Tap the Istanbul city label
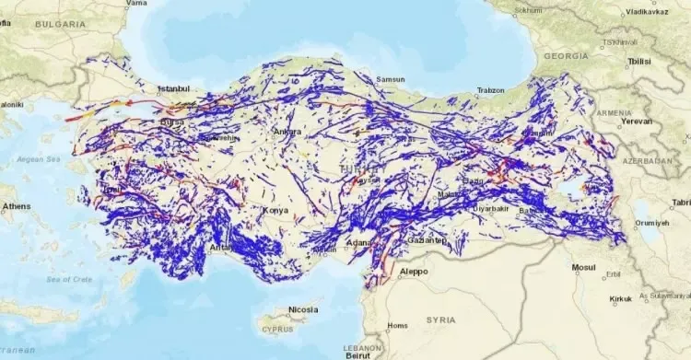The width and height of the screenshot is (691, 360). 173,88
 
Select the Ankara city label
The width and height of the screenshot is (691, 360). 287,132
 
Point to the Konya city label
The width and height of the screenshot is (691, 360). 275,210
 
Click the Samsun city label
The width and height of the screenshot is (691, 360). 391,79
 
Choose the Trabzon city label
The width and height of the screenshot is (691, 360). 490,90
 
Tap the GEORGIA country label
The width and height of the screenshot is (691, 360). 566,55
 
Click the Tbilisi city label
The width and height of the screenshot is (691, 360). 638,61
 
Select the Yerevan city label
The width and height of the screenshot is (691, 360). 636,121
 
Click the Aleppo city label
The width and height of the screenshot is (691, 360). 415,273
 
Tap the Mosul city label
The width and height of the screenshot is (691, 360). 583,268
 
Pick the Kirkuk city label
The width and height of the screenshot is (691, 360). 621,300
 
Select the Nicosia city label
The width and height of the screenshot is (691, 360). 303,309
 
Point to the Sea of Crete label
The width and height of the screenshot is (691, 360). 58,279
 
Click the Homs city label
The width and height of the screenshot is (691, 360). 397,324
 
